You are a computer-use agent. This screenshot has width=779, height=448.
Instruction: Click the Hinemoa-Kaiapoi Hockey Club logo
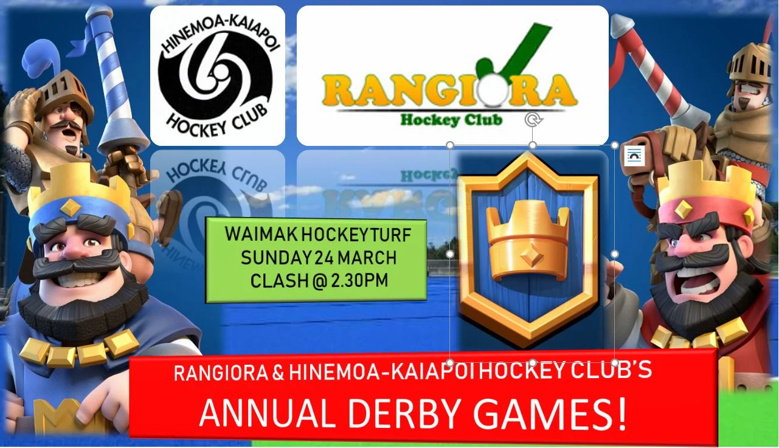tap(217, 75)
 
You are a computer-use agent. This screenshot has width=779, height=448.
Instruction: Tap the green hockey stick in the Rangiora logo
tap(514, 52)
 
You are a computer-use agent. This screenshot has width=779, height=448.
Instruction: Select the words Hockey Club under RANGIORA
tap(451, 119)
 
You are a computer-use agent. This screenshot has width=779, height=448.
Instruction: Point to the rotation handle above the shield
tap(533, 120)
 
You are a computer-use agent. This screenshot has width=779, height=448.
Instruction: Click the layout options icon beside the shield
tap(633, 156)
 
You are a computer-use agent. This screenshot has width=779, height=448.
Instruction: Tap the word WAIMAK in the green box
tap(249, 234)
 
